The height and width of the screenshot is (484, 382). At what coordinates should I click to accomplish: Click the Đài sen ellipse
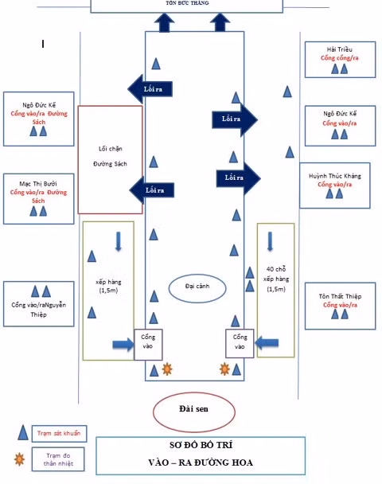tap(193, 392)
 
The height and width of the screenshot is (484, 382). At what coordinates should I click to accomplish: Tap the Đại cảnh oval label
tap(197, 286)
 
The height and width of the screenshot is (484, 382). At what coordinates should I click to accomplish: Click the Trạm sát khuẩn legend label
tap(59, 433)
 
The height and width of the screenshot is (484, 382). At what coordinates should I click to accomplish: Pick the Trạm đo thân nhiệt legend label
tap(58, 459)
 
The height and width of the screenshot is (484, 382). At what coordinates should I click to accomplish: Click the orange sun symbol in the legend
tap(19, 459)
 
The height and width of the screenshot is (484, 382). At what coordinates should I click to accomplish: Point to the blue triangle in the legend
tap(23, 432)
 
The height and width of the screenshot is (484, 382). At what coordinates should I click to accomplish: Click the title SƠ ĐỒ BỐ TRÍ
tap(201, 445)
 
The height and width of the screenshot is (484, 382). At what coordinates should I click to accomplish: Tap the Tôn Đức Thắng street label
tap(187, 3)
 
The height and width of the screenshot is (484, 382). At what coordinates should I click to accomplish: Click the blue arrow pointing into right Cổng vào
tap(267, 342)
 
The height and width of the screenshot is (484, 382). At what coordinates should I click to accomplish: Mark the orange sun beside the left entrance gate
tap(167, 369)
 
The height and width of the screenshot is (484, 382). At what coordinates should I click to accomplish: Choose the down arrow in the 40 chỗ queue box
tap(270, 241)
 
